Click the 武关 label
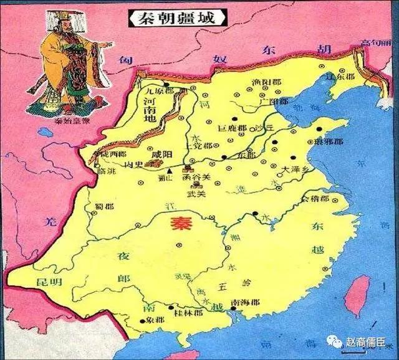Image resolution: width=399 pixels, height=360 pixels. tap(197, 193)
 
